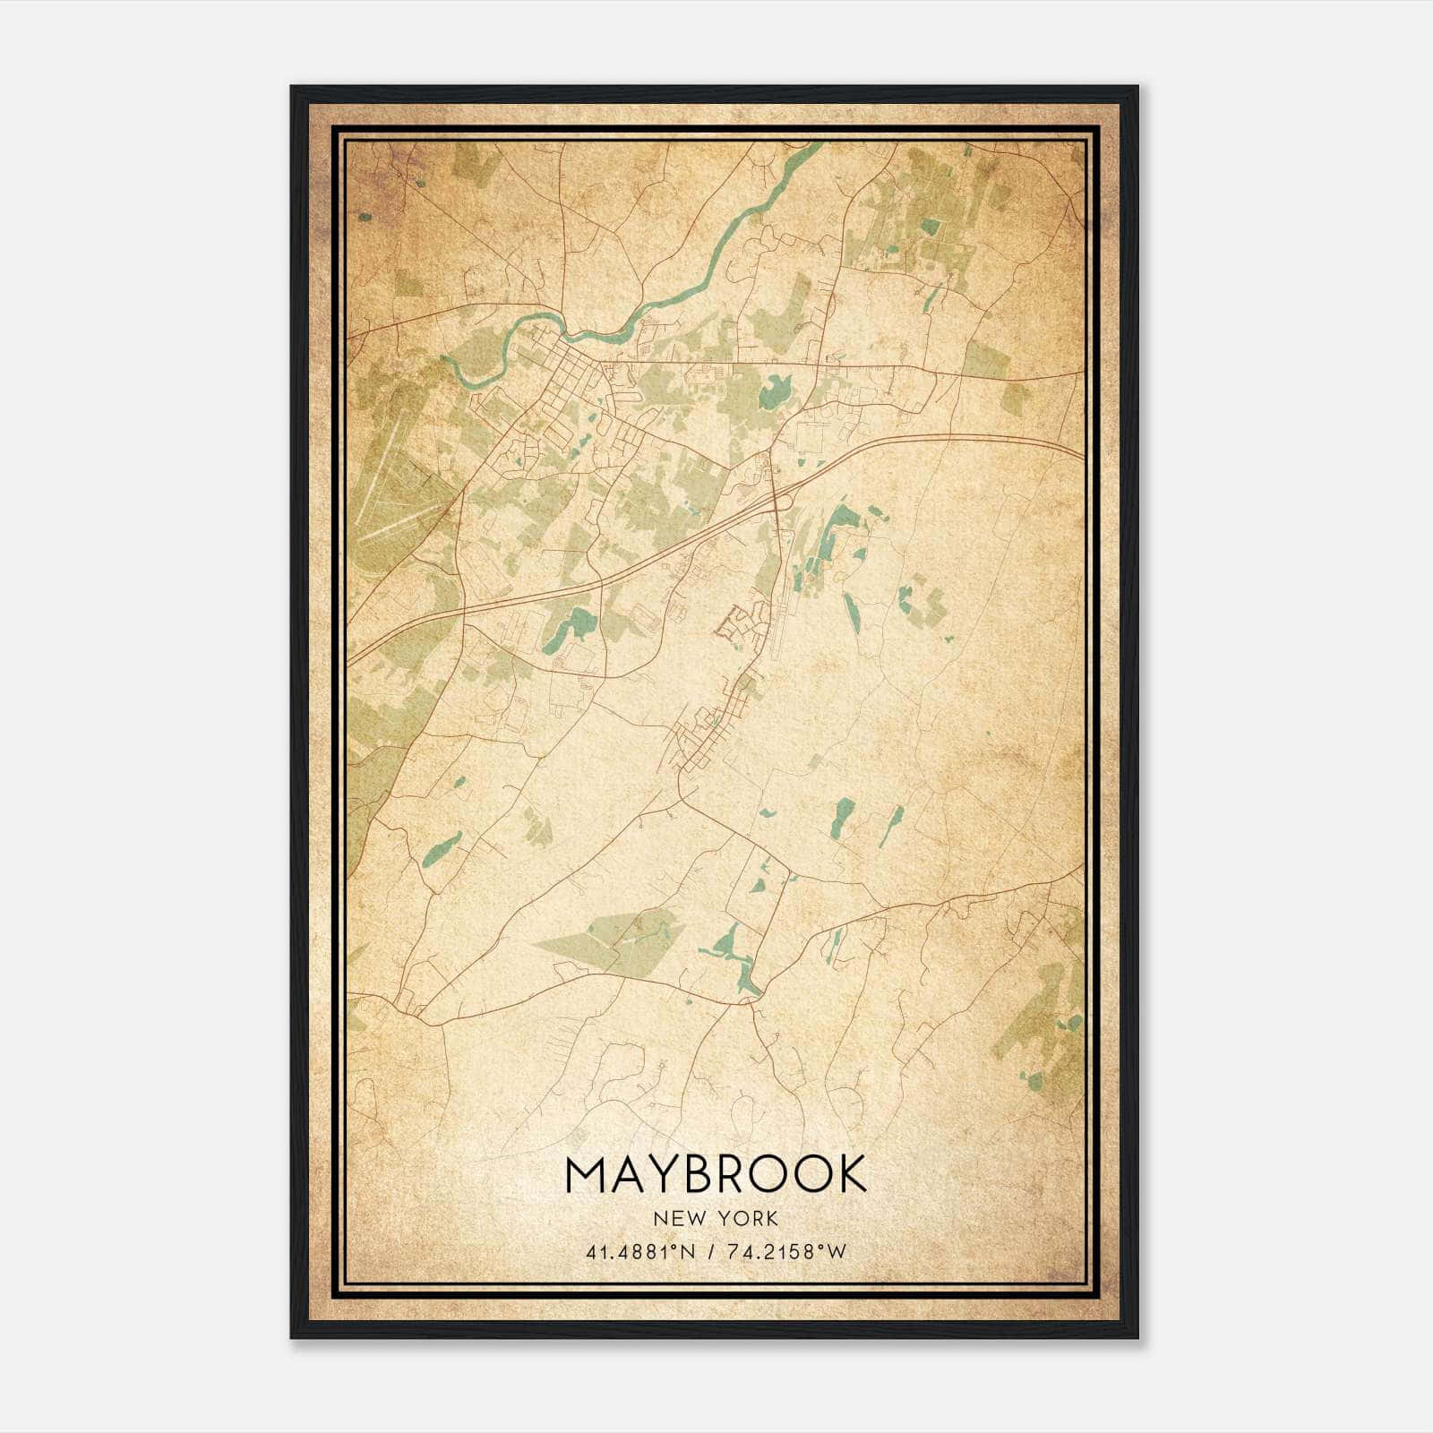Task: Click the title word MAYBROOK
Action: pyautogui.click(x=716, y=1174)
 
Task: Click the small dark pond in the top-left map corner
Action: pyautogui.click(x=365, y=217)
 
